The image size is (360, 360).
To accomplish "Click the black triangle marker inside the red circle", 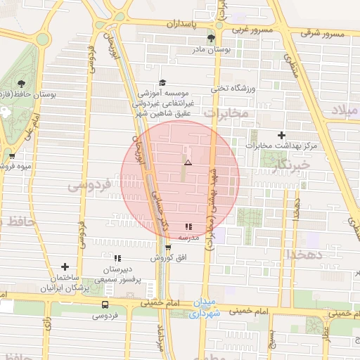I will click(x=187, y=162).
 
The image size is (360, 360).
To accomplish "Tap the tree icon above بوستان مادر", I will click(x=211, y=38).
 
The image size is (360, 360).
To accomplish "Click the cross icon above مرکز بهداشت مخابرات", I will click(x=281, y=134).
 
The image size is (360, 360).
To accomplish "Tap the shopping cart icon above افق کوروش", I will click(x=167, y=247).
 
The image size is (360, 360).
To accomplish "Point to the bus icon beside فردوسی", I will click(x=105, y=304).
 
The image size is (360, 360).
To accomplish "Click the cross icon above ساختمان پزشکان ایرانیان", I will click(x=65, y=266).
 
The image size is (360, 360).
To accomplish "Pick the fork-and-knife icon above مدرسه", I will click(x=188, y=226).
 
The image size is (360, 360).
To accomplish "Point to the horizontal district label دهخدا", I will click(x=307, y=255).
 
